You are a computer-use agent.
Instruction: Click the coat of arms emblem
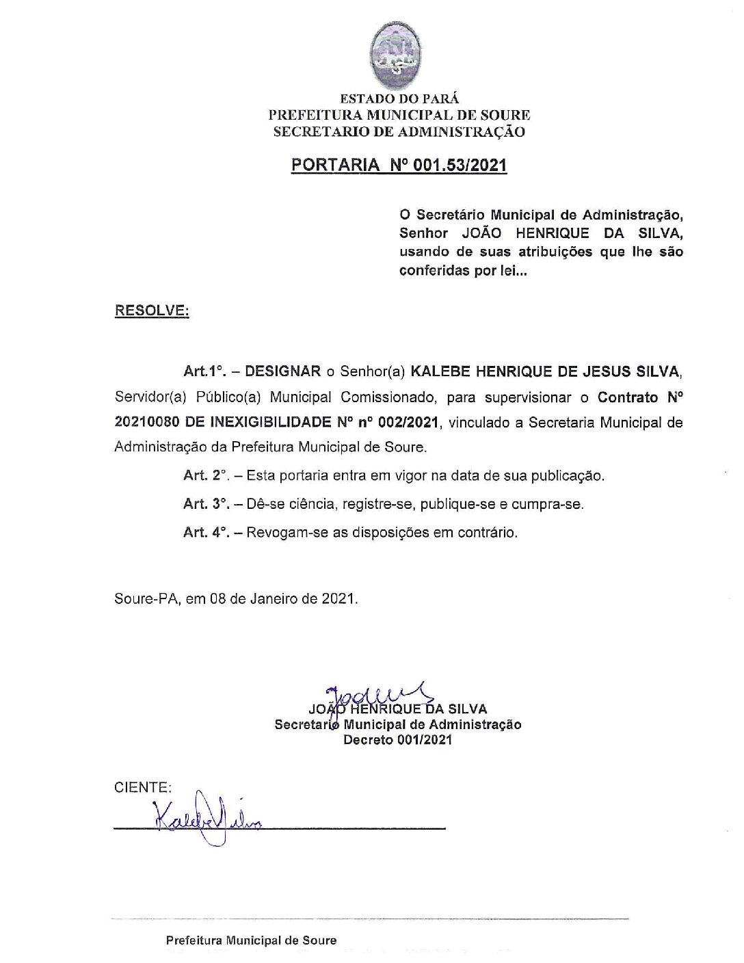pyautogui.click(x=399, y=51)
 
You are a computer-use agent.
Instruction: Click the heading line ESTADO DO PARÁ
pyautogui.click(x=399, y=99)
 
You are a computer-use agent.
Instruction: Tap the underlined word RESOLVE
pyautogui.click(x=151, y=311)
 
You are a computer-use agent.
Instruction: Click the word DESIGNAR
pyautogui.click(x=282, y=371)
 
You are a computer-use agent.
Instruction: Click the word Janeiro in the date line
pyautogui.click(x=271, y=599)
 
